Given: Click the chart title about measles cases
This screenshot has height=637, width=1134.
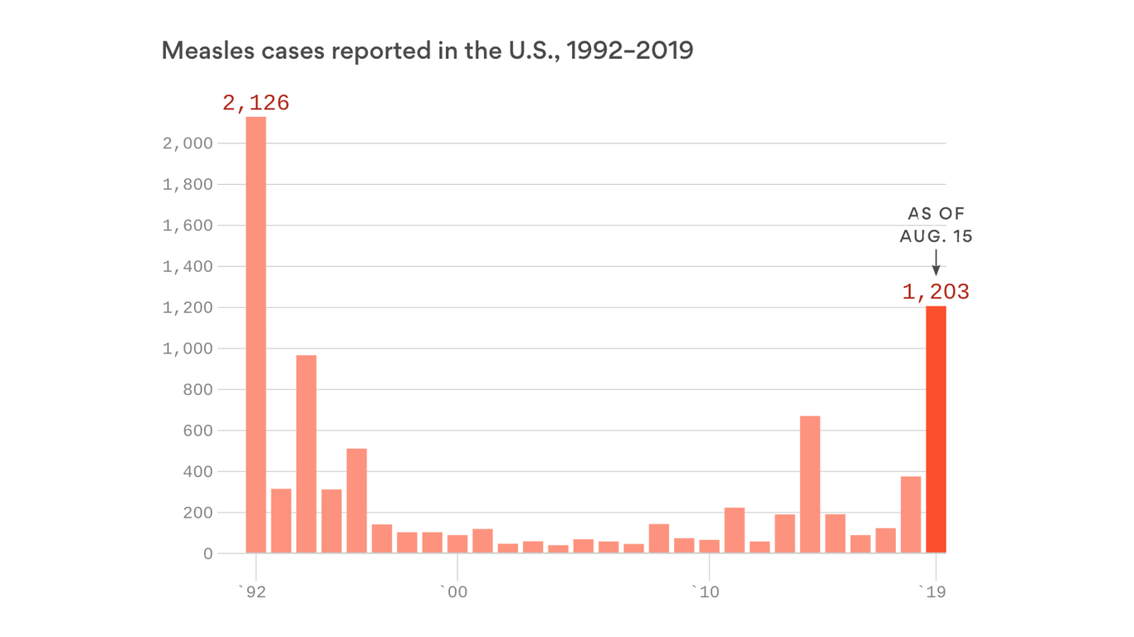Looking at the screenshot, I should [x=427, y=51].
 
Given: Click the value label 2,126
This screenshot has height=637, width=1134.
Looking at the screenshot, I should [x=256, y=103].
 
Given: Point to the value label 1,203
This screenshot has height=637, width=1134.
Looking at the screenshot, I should [x=936, y=292].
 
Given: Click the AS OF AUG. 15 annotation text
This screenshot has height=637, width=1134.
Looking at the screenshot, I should [x=936, y=225].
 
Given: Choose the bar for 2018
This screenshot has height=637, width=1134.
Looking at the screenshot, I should [x=911, y=514].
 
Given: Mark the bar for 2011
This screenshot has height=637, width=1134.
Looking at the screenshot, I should [x=735, y=530].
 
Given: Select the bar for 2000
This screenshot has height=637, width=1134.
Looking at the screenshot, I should [x=457, y=544].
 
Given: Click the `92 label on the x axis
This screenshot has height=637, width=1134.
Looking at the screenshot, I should [x=252, y=591].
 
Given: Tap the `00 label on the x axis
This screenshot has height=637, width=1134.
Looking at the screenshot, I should [x=453, y=591].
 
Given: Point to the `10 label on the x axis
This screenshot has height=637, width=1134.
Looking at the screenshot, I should [x=706, y=591].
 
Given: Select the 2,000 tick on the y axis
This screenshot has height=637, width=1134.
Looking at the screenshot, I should [x=188, y=143].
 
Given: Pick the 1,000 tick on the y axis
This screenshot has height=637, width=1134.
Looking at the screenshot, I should [x=188, y=348].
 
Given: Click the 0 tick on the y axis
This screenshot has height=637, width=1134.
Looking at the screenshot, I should [x=208, y=553].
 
